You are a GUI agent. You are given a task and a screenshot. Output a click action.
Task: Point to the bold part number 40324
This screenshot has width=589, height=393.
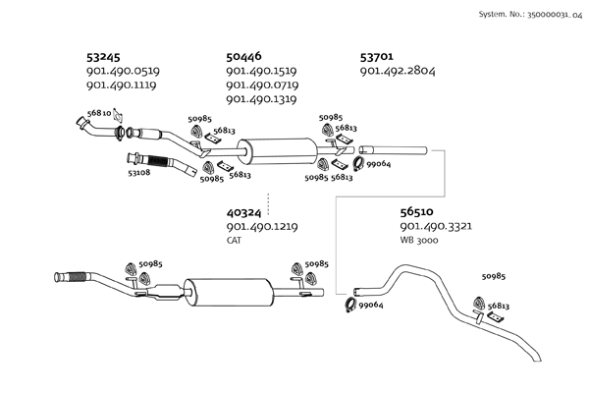click(x=244, y=212)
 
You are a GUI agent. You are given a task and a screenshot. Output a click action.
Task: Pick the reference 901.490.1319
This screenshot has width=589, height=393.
click(x=262, y=99)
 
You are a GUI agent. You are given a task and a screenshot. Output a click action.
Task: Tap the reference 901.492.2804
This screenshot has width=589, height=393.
click(x=398, y=72)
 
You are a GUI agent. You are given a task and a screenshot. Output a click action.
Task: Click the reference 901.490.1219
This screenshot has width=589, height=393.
click(x=262, y=227)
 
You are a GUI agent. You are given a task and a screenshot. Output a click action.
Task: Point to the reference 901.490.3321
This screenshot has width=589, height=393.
click(x=436, y=227)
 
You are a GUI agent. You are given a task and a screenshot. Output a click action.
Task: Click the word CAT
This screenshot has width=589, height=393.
click(x=234, y=240)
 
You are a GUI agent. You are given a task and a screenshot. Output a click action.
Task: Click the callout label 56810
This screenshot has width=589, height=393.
click(x=98, y=113)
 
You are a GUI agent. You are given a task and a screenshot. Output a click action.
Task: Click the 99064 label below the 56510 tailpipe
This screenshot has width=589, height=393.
click(x=370, y=306)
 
